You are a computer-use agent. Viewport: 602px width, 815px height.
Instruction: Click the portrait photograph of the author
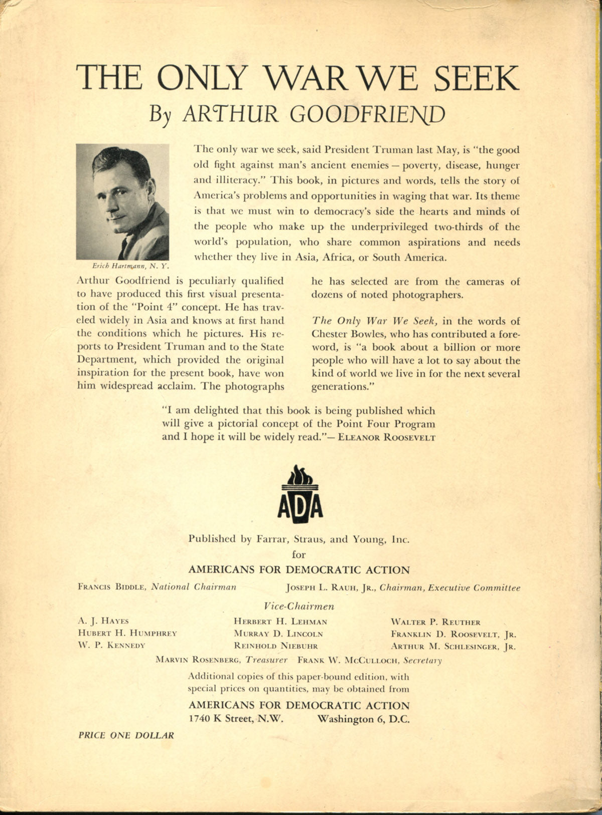point(122,201)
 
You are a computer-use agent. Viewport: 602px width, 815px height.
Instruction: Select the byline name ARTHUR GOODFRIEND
point(314,114)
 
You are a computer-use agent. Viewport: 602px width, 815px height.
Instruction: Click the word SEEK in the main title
point(476,78)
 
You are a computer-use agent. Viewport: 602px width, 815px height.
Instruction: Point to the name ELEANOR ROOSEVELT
point(386,437)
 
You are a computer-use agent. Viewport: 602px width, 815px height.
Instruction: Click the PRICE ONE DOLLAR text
point(126,735)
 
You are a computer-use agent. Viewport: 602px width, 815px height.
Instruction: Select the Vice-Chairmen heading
point(298,606)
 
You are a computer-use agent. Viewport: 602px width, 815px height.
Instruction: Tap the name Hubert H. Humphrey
point(127,633)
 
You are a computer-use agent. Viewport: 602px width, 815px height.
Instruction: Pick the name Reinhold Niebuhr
point(276,646)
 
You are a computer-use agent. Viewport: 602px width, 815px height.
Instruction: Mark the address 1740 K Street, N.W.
point(237,718)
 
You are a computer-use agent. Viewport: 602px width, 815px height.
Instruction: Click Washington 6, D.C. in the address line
point(364,718)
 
